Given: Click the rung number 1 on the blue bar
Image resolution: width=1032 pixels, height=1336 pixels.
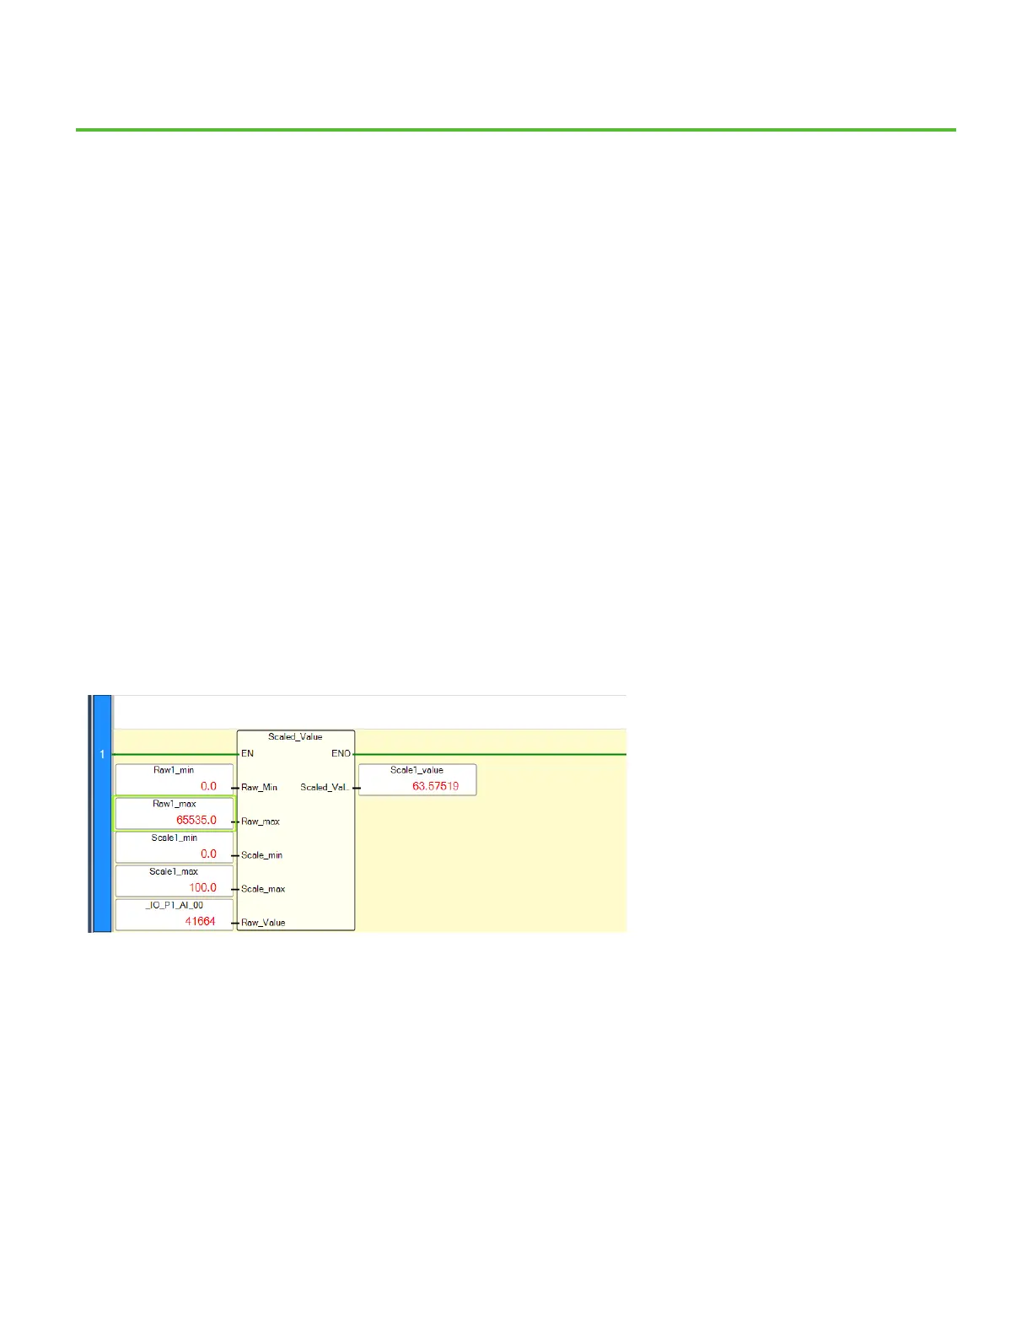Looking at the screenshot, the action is (x=102, y=754).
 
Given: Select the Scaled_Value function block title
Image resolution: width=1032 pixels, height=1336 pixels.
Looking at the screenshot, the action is (x=295, y=736).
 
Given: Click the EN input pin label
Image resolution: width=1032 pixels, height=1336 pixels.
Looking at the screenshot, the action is (x=247, y=753).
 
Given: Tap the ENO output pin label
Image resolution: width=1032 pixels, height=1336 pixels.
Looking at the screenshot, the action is (x=341, y=753).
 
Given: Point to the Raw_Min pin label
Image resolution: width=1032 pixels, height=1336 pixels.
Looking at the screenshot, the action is (x=259, y=787).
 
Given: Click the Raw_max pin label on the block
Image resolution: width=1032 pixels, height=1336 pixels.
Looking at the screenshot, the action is (x=260, y=821).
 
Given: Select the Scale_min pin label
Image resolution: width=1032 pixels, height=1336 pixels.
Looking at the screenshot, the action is (x=261, y=854).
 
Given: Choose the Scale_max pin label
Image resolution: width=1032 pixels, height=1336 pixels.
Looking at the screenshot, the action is (x=263, y=888).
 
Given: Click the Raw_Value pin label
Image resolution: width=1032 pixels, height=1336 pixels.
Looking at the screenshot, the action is (x=263, y=922).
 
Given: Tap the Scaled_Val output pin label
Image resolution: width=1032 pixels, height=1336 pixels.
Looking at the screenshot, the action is (x=324, y=787).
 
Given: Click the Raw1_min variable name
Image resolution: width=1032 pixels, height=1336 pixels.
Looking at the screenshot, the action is (x=174, y=770).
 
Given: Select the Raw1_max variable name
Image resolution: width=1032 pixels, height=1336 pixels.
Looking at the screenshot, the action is (x=174, y=804).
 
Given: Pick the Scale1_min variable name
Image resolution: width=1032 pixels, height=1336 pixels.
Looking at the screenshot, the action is (x=174, y=838).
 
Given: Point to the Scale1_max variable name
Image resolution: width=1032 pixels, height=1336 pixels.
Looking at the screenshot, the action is (x=174, y=871).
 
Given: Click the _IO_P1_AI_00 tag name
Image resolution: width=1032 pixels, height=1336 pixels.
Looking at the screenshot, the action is (x=174, y=905).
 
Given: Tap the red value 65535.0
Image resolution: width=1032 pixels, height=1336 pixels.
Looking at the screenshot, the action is (x=196, y=820).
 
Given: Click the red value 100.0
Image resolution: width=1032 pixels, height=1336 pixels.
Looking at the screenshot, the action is (x=202, y=887).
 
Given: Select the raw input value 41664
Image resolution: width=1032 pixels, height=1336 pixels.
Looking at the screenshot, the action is (x=201, y=921).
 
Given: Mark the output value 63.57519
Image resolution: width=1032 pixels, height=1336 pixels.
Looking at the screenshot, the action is (x=435, y=786).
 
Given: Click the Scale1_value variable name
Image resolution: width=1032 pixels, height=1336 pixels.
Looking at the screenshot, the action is (x=417, y=770).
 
